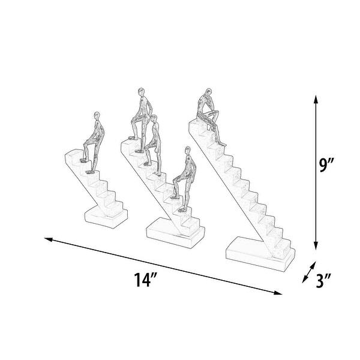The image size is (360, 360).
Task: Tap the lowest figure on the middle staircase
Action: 181,176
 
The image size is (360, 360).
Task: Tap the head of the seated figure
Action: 208,93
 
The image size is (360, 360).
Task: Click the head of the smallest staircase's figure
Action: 97,114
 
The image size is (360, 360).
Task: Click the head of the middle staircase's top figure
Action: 142,92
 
